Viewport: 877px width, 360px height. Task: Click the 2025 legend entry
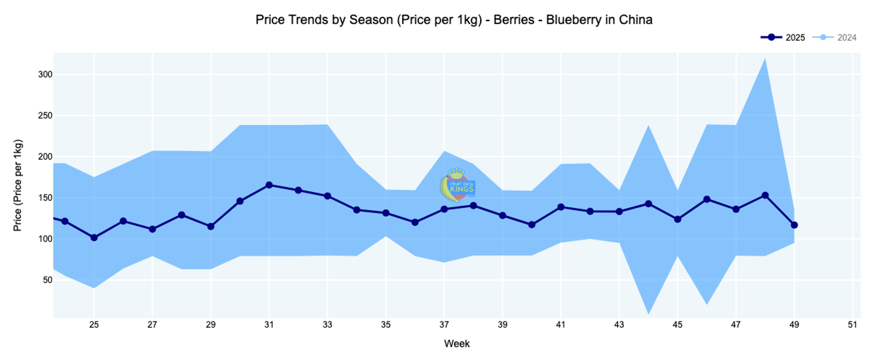[783, 37]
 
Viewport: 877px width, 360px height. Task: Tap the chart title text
[454, 19]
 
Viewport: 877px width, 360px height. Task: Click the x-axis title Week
[457, 344]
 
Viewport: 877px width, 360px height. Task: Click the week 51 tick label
[852, 325]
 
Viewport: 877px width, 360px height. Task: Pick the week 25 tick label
[94, 325]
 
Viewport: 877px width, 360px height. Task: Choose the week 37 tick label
[444, 325]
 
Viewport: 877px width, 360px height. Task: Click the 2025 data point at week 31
[269, 185]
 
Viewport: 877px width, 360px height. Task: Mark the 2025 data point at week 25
[94, 237]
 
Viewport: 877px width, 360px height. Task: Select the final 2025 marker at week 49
[794, 225]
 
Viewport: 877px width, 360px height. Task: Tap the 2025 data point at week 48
[765, 195]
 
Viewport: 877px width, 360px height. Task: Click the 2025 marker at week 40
[532, 225]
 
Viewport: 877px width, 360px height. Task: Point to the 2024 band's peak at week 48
[765, 59]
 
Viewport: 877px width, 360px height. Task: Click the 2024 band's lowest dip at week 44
[648, 313]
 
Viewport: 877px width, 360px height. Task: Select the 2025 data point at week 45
[678, 219]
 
